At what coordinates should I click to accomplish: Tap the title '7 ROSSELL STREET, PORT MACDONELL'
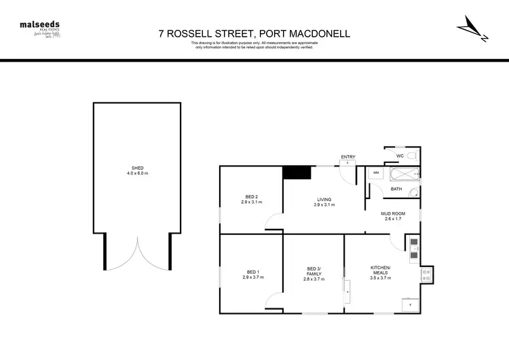point(254,33)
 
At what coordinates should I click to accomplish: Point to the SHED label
point(137,168)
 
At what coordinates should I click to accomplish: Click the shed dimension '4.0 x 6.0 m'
point(137,174)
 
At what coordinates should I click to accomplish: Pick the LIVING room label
point(324,199)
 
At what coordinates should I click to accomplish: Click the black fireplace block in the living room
point(296,173)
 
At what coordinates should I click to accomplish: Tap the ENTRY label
point(347,158)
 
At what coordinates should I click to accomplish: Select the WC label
point(400,156)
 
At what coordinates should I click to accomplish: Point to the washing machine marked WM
point(376,173)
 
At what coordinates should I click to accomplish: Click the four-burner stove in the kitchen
point(428,275)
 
